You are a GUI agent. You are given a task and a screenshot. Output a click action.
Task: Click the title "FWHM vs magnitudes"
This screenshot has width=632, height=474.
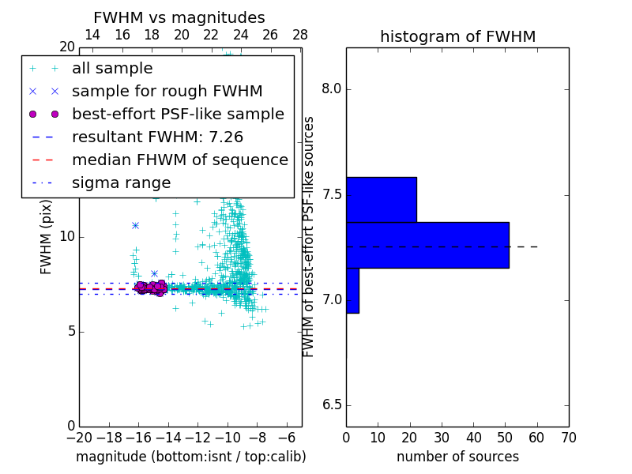(x=179, y=18)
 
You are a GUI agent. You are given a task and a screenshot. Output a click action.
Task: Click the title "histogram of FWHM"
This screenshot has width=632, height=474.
(x=457, y=37)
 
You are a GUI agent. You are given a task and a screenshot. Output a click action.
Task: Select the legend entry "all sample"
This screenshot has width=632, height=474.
(x=112, y=69)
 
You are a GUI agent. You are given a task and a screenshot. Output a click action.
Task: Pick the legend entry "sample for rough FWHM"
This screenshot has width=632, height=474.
(x=167, y=92)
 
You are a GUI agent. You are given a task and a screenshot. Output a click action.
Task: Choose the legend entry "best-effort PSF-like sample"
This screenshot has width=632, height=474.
(x=178, y=115)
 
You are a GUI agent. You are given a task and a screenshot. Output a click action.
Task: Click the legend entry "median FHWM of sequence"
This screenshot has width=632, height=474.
(x=179, y=160)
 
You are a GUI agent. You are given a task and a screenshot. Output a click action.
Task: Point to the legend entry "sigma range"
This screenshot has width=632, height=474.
(x=121, y=183)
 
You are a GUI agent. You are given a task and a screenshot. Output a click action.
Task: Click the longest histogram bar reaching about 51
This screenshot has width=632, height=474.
(x=427, y=245)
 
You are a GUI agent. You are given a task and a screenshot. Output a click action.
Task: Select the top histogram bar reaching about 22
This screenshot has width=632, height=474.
(x=381, y=200)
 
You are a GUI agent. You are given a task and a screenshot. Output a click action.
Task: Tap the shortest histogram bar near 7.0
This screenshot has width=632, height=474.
(x=352, y=290)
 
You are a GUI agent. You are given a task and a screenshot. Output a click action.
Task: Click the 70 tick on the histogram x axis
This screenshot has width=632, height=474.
(x=568, y=438)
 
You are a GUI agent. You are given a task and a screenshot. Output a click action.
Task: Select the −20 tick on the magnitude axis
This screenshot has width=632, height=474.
(x=79, y=438)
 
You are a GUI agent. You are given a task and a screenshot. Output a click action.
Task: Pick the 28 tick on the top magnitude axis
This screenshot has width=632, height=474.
(x=300, y=35)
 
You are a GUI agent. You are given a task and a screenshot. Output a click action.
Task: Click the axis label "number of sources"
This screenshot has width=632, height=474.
(x=457, y=457)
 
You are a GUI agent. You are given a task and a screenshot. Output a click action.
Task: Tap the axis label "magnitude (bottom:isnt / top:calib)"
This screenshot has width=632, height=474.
(x=190, y=457)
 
